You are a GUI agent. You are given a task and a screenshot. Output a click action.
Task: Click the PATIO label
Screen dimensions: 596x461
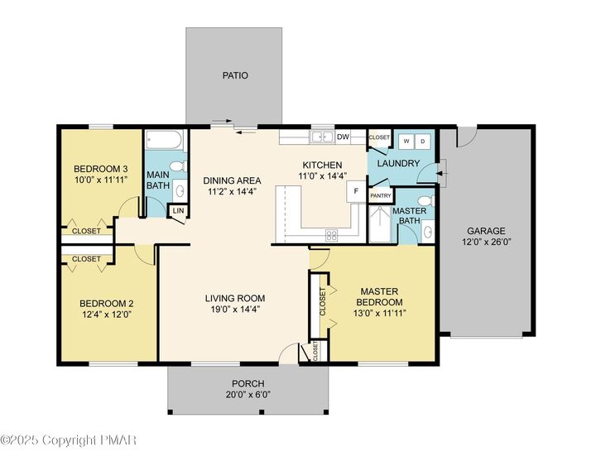coord(235,75)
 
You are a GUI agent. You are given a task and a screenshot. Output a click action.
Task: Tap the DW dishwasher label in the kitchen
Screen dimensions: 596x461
coord(343,137)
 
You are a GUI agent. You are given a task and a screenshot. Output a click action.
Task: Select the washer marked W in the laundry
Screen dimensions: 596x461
coord(406,142)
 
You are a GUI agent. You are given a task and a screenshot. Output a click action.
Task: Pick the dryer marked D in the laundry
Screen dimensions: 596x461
coord(422,142)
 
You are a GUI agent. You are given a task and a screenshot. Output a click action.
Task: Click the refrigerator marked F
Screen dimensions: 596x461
coord(356,191)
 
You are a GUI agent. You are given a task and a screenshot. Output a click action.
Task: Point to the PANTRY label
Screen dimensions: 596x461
coord(381,195)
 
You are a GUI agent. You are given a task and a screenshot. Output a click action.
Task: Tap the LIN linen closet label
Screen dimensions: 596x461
coord(178,210)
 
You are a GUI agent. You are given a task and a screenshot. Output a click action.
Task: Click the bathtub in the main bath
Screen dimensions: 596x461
coord(165,140)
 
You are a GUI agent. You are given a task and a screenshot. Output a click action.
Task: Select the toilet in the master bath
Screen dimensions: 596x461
coord(425,200)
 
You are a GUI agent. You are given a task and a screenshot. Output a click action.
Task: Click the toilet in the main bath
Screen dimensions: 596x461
coord(177,166)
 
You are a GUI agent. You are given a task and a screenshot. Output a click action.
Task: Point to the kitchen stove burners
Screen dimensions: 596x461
coord(331,236)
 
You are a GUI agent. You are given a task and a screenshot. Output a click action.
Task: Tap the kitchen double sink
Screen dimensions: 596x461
coord(322,137)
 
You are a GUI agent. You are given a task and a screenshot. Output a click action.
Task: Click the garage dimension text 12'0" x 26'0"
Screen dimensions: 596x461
coord(486,242)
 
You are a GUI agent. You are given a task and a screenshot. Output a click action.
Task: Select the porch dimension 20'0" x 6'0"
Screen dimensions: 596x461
coord(248,395)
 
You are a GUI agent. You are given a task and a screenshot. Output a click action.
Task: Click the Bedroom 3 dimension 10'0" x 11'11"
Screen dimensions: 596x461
coord(101,180)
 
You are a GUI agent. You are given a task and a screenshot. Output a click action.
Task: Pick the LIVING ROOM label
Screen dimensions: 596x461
coord(235,298)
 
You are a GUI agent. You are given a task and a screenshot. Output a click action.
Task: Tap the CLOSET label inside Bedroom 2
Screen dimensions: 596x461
coord(86,259)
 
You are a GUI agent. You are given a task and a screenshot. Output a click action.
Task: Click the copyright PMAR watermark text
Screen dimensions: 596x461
coord(69,440)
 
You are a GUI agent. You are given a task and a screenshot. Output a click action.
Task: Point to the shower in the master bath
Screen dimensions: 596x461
coord(380,223)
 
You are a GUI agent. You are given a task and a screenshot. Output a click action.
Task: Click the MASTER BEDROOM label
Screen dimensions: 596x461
coord(379,297)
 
